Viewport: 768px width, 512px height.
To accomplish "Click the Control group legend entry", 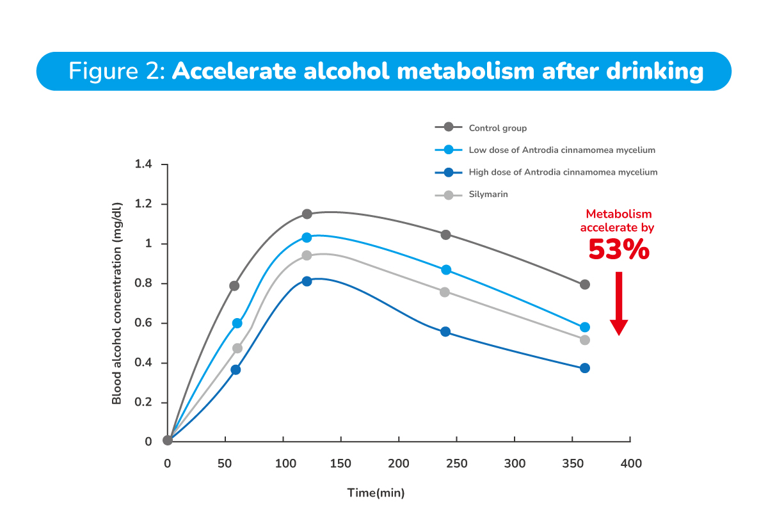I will coord(497,128).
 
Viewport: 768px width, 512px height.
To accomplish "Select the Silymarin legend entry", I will coord(488,194).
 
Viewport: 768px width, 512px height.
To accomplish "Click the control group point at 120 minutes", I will coord(307,214).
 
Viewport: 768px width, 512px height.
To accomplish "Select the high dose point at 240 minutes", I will coord(445,332).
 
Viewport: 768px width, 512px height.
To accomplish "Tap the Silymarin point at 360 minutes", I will coord(584,340).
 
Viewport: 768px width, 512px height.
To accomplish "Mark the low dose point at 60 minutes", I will coord(237,323).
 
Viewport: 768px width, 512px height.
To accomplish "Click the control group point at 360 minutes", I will coord(584,284).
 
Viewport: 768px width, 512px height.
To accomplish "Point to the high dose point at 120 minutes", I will coord(307,281).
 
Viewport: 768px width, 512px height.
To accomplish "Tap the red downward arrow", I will coord(618,304).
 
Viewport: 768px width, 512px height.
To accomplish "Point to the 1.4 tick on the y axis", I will coord(143,164).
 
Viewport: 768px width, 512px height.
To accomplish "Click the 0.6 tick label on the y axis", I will coord(143,323).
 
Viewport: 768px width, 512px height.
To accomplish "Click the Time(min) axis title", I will coord(376,493).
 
